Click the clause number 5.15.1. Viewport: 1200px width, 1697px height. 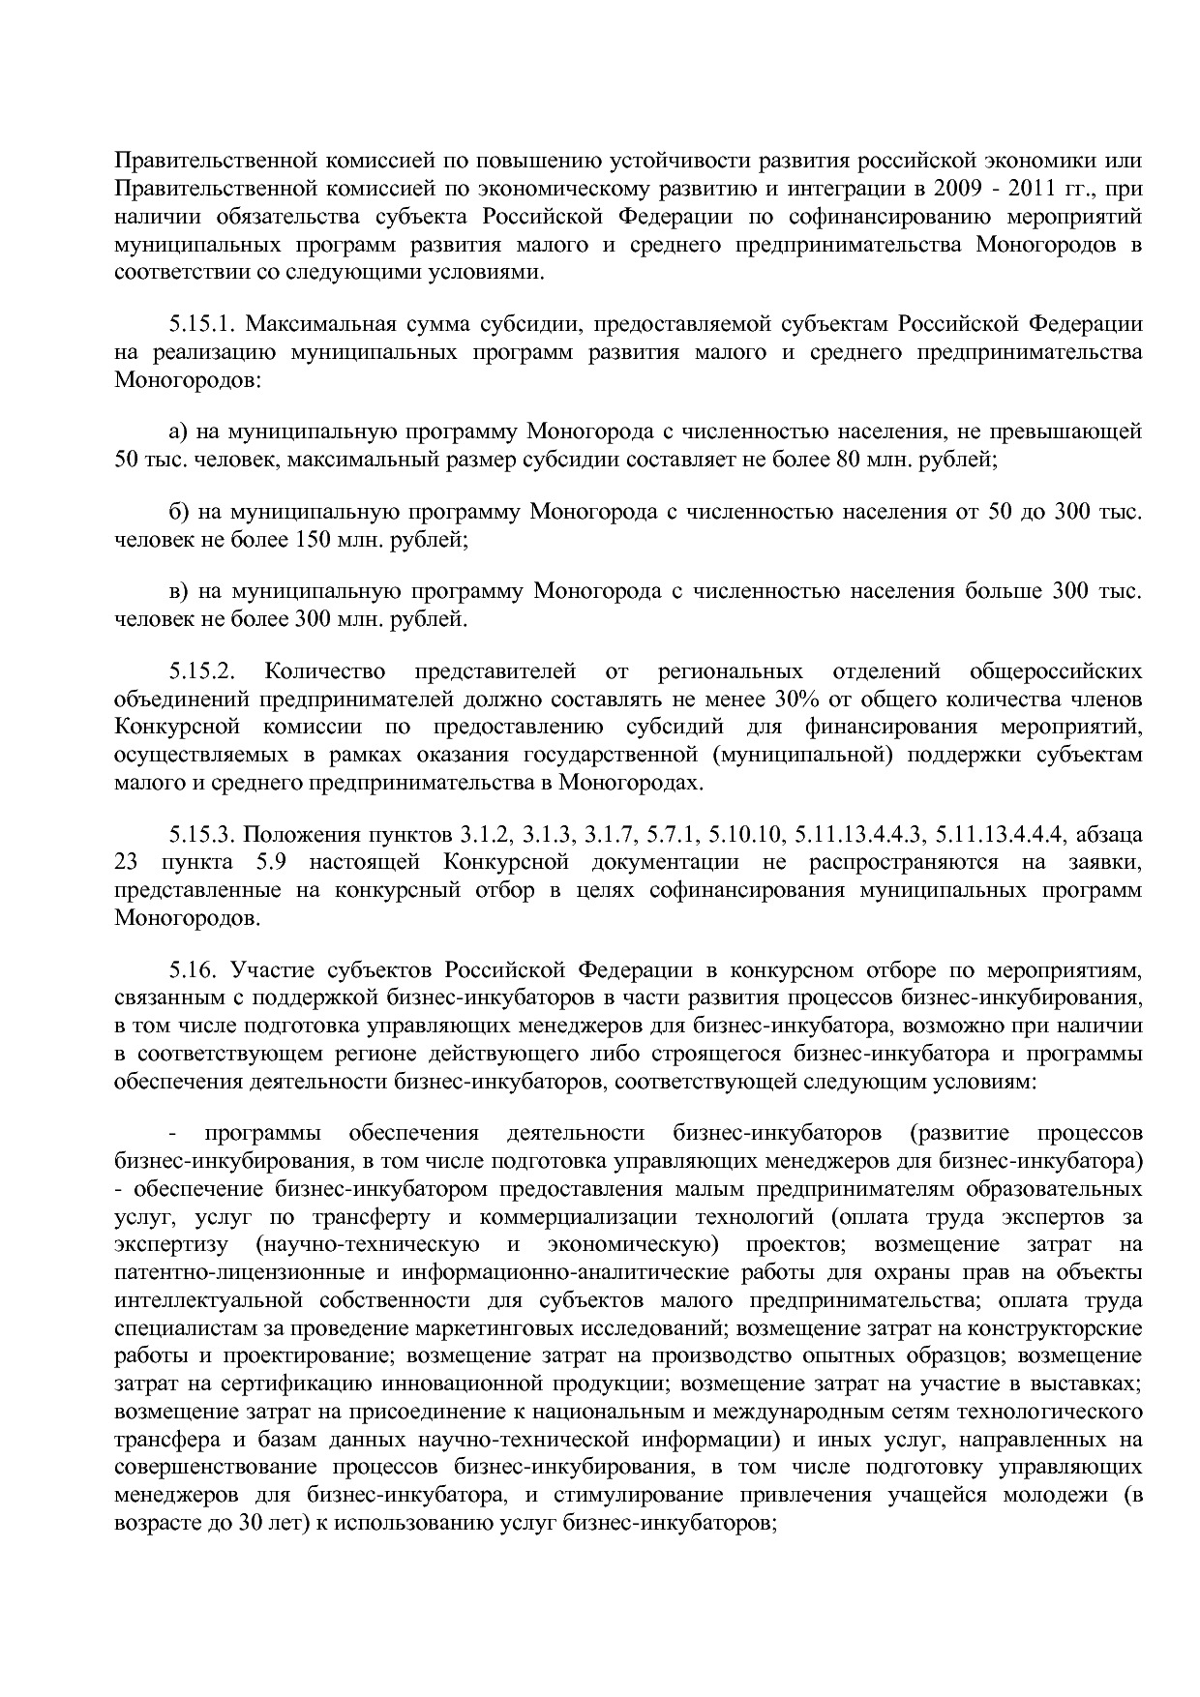(201, 323)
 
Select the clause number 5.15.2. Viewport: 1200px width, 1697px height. (201, 671)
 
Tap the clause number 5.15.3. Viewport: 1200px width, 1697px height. (201, 834)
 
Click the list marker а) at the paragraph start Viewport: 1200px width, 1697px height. (178, 432)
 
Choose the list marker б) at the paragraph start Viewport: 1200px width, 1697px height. (178, 512)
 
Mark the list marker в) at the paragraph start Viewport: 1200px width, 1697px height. (178, 592)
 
